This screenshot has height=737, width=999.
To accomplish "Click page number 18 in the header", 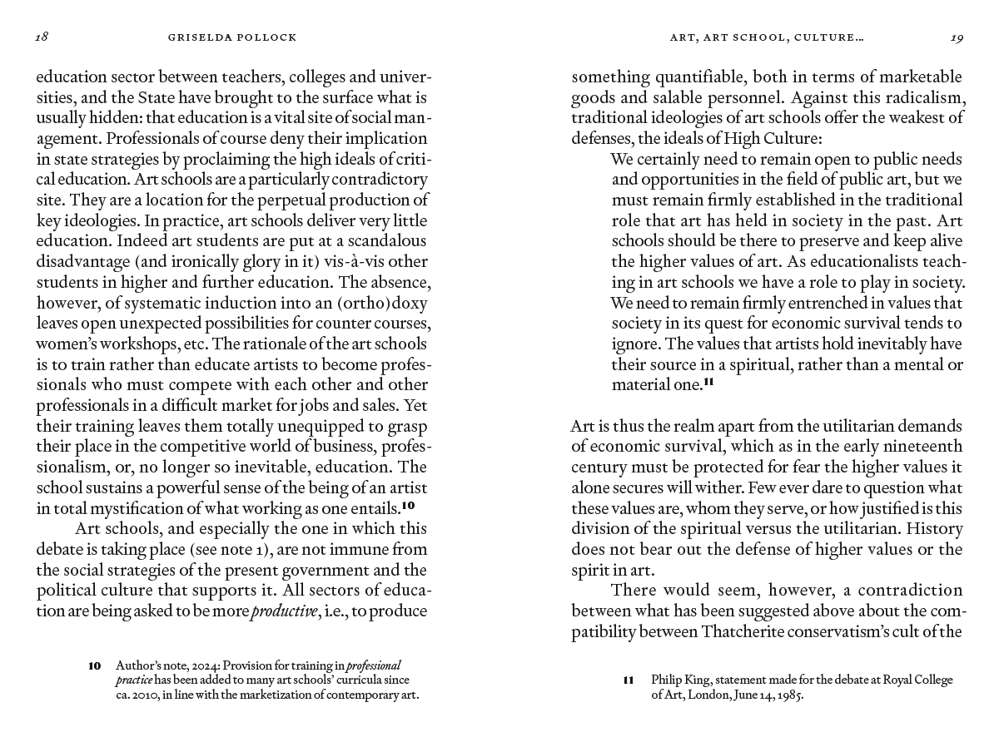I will (42, 37).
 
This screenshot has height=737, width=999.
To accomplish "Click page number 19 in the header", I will (957, 37).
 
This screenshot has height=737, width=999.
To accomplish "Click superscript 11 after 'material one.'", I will (709, 383).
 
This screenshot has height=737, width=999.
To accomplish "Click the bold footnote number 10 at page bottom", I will (95, 665).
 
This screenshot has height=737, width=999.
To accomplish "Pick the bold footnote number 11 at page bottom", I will (629, 680).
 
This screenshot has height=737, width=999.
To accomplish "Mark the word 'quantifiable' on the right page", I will (681, 77).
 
